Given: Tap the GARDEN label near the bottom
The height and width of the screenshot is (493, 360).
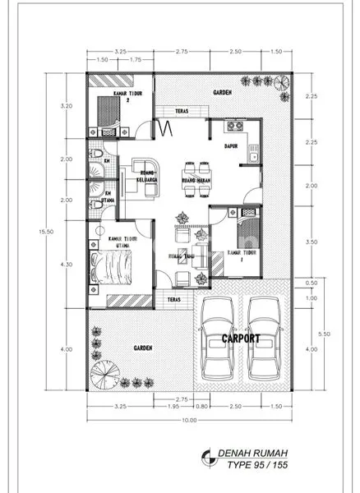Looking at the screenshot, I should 143,348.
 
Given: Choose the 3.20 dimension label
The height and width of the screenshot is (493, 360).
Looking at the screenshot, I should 68,106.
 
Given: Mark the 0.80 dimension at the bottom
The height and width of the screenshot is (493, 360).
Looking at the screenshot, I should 201,405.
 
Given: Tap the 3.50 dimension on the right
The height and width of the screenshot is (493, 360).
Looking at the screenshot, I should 311,243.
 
